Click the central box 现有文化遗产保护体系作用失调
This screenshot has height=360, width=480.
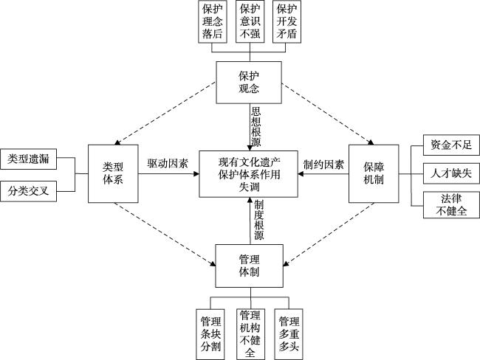click(x=250, y=174)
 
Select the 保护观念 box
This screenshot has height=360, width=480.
click(x=250, y=83)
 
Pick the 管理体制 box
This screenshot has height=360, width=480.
click(x=250, y=266)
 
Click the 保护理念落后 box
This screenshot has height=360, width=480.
click(x=212, y=21)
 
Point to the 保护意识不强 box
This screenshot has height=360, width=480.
click(x=249, y=21)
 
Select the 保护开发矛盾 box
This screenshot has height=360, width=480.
click(x=287, y=21)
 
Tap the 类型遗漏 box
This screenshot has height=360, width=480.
click(x=29, y=158)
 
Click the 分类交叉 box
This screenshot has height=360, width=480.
click(x=29, y=190)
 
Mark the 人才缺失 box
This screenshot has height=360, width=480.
click(x=442, y=175)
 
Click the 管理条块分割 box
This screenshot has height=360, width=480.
click(x=211, y=333)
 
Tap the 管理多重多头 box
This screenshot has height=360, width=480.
click(x=288, y=333)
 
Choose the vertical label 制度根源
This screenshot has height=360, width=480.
click(x=258, y=221)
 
